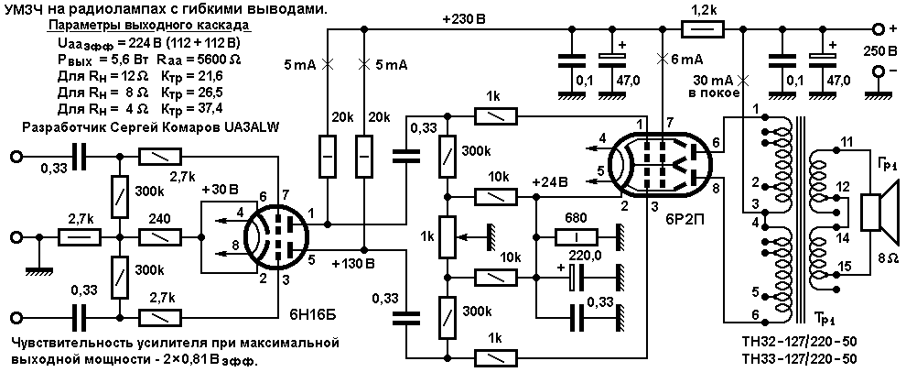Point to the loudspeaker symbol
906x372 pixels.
[879, 213]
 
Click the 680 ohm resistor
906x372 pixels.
[575, 236]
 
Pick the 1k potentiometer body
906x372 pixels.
[446, 236]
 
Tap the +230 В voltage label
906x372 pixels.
[464, 20]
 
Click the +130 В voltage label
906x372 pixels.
[354, 265]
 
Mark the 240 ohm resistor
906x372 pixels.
[159, 236]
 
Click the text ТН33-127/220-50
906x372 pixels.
[806, 357]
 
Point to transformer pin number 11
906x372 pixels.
[846, 142]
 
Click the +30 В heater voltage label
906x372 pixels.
[221, 190]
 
